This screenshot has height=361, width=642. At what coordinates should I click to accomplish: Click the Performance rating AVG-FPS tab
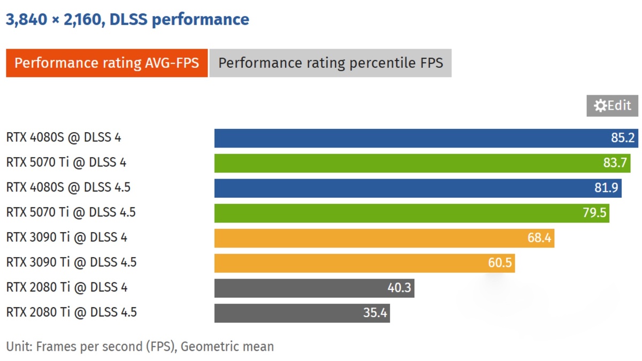(106, 63)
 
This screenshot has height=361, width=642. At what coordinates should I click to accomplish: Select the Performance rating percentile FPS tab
(330, 63)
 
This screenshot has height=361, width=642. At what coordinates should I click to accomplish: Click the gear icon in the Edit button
(600, 106)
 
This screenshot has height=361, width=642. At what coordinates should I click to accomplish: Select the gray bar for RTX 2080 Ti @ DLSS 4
(300, 288)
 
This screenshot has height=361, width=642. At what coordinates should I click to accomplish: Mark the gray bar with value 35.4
(289, 313)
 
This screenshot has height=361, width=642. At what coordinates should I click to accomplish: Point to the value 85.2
(622, 138)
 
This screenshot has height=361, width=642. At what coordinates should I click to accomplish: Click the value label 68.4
(539, 238)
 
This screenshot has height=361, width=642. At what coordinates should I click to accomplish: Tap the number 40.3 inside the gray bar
(399, 288)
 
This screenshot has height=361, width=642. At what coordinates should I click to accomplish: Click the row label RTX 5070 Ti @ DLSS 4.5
(71, 213)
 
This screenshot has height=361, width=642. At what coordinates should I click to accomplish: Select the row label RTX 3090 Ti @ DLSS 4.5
(71, 263)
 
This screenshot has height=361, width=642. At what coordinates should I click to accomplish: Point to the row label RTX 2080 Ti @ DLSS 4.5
(71, 312)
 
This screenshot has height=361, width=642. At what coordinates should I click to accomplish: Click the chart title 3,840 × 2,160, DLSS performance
(127, 20)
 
